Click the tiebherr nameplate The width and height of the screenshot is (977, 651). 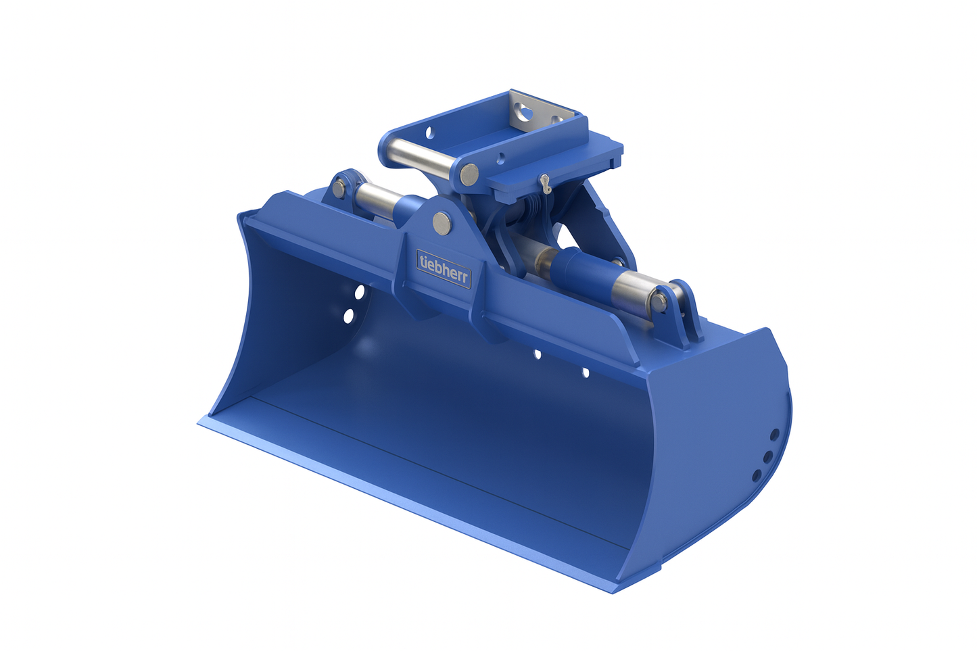click(x=443, y=268)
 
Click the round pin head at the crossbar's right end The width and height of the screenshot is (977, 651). click(x=469, y=174)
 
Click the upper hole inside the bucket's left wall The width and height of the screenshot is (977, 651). click(x=359, y=292)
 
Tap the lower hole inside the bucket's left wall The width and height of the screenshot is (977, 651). click(x=349, y=316)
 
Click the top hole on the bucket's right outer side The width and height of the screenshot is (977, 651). click(x=775, y=434)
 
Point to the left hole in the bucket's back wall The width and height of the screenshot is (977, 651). click(x=537, y=354)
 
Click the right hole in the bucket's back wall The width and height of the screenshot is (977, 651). click(x=586, y=372)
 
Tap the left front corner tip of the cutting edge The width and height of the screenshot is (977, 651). click(x=200, y=425)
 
